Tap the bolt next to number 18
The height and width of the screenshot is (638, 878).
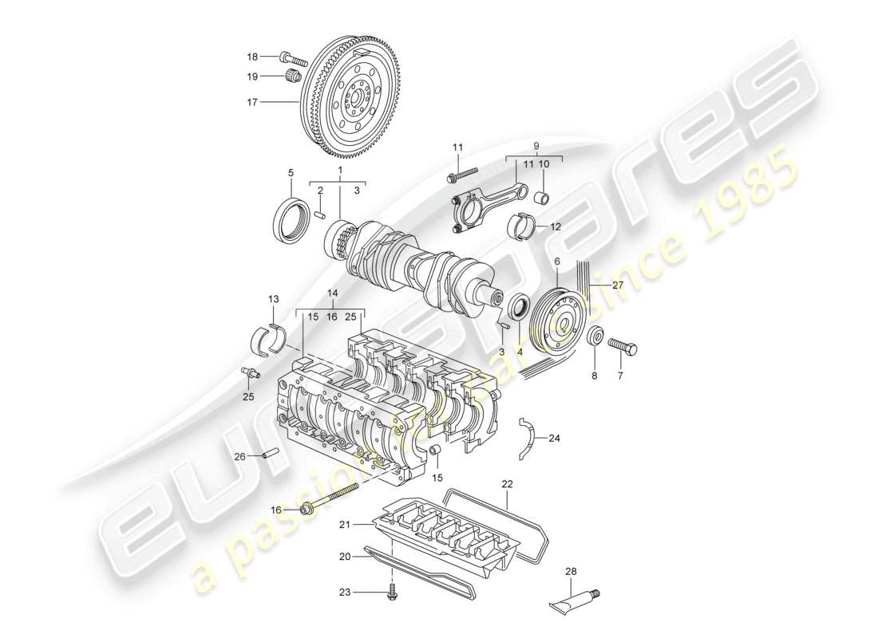pos(295,58)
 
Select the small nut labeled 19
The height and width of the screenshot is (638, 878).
pos(292,77)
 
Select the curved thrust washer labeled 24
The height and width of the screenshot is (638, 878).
pos(527,438)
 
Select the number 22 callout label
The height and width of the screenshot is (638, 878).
pos(508,484)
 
